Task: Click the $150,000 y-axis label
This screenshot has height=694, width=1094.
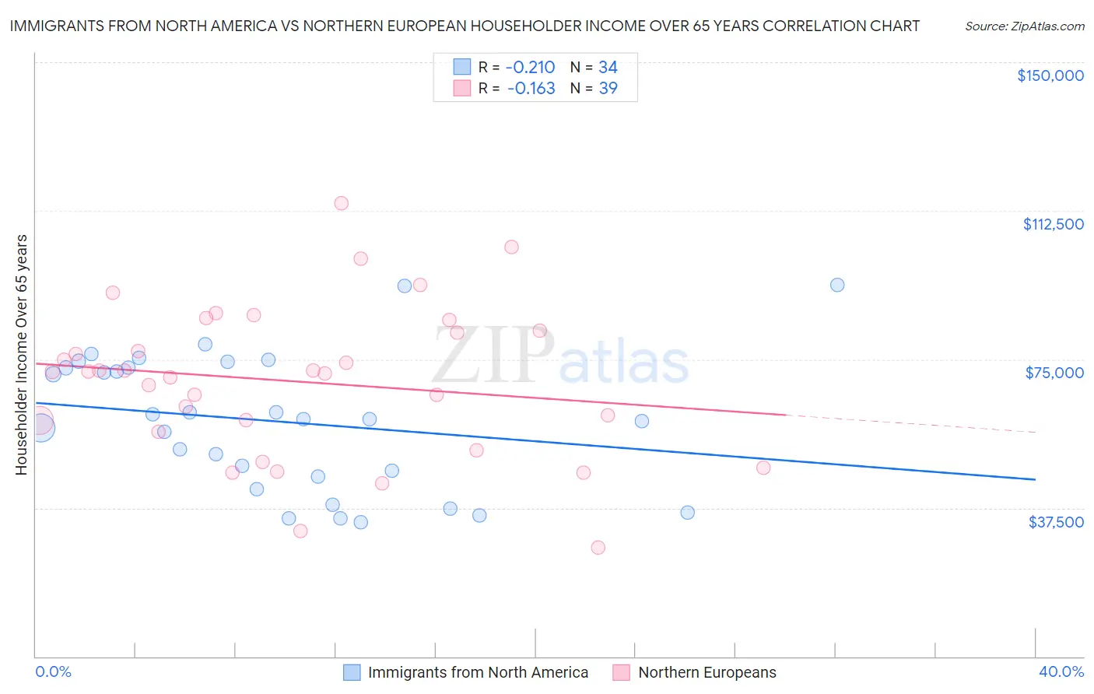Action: coord(1050,75)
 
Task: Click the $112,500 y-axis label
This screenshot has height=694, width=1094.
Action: coord(1053,224)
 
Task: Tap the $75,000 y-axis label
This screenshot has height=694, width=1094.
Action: coord(1054,373)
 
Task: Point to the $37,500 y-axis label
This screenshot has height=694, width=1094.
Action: coord(1056,522)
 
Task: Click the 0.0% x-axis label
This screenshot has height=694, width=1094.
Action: coord(54,671)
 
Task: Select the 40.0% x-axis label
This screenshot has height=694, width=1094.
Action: coord(1061,671)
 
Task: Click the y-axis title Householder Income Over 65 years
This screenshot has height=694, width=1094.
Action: coord(22,355)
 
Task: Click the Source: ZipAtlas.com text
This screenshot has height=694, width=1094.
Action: coord(1024,26)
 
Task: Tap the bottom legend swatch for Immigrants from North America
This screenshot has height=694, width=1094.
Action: coord(352,672)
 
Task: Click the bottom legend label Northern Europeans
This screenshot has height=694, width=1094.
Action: coord(707,672)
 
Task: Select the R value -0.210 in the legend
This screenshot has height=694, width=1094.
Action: coord(531,68)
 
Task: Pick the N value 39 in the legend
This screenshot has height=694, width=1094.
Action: coord(608,89)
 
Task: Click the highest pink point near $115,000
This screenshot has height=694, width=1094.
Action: coord(341,203)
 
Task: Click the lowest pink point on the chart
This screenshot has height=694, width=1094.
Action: coord(598,548)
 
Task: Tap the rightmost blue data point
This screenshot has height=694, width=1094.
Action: coord(837,285)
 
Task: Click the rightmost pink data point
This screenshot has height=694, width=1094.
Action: coord(763,468)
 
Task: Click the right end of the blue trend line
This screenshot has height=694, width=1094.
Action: coord(1034,479)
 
